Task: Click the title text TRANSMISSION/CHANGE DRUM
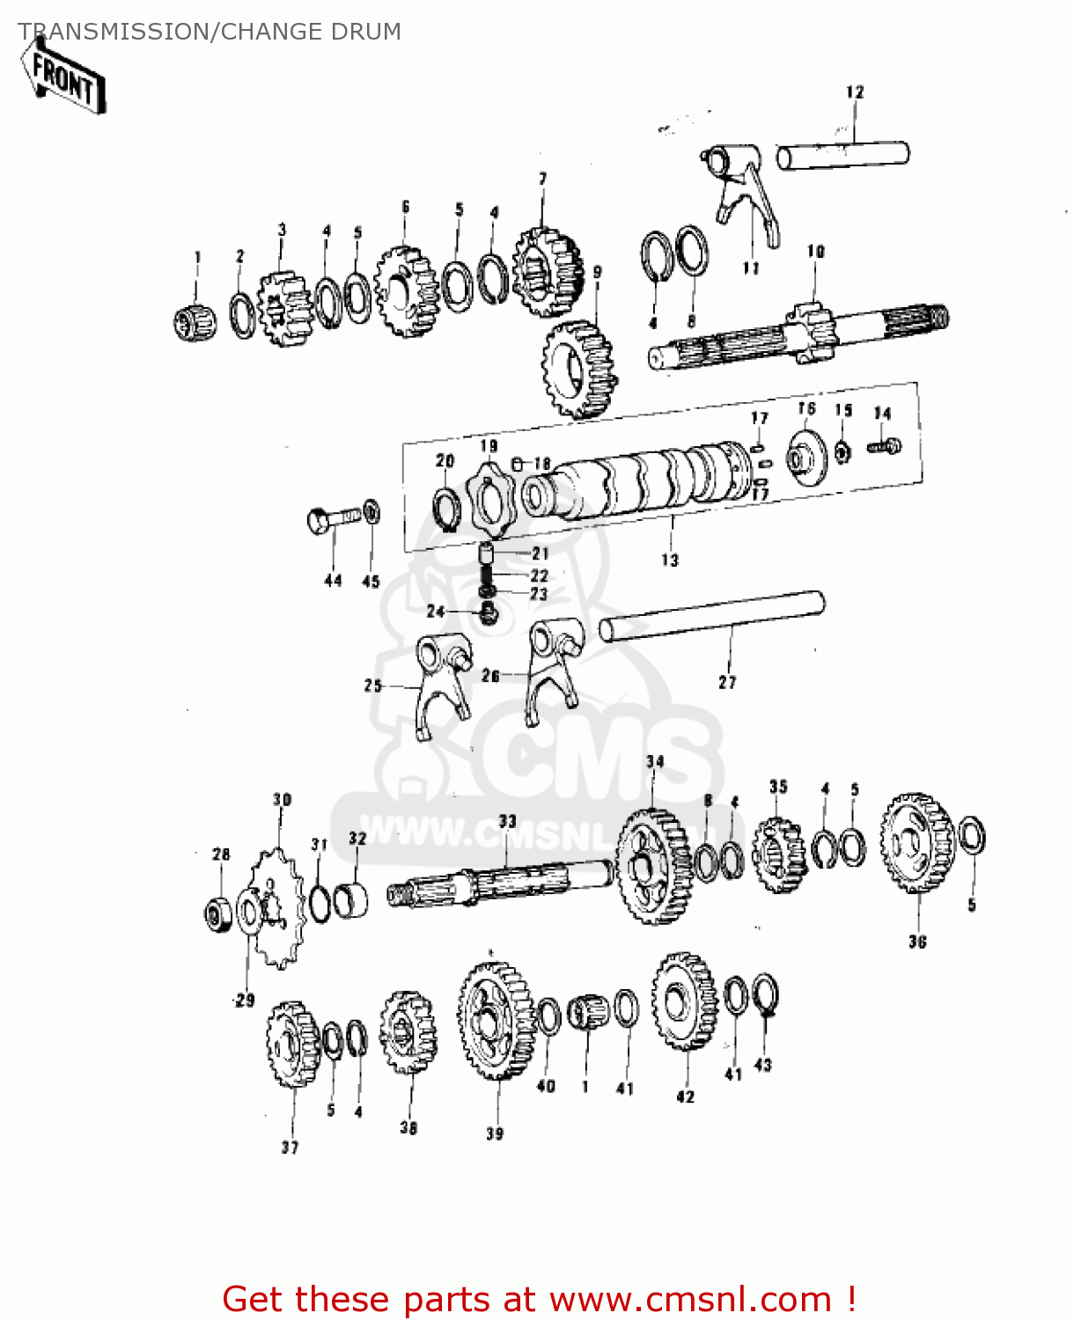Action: coord(210,32)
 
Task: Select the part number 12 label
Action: coord(855,92)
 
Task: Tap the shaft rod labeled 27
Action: coord(711,616)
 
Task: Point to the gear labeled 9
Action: coord(579,369)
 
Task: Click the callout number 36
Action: coord(917,942)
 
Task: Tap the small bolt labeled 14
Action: coord(884,446)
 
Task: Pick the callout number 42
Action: coord(685,1096)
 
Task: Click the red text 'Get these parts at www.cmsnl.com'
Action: coord(539,1299)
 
